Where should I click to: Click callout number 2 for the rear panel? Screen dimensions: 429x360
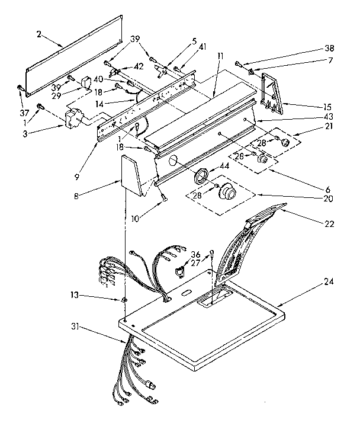pos(38,34)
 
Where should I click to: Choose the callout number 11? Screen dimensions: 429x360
pos(220,56)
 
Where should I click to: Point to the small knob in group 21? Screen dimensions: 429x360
pos(285,142)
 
